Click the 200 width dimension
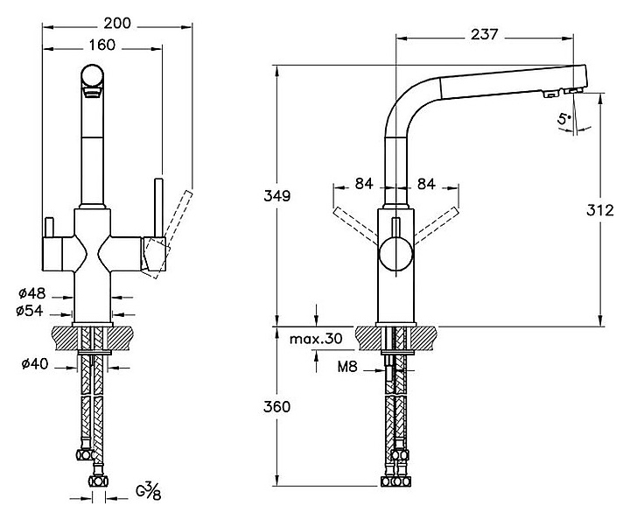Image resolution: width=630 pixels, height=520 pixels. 116,23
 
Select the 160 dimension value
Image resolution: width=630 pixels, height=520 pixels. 101,46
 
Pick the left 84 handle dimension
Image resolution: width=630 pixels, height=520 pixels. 365,184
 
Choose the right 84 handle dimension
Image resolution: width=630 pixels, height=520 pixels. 429,184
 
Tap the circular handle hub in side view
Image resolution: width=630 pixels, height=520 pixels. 395,256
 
